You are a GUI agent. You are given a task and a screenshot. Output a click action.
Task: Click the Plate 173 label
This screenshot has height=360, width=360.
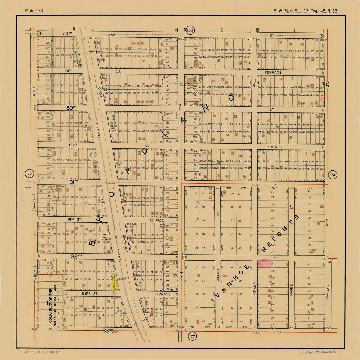point(34,11)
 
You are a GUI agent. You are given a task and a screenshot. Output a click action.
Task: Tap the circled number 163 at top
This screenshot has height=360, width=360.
point(190,30)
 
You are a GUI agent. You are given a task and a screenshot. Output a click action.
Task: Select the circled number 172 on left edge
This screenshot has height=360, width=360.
point(29,174)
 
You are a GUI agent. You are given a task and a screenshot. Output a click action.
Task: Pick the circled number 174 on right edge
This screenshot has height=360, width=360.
point(332,175)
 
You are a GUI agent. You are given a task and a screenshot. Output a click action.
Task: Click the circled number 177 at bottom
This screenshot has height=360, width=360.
point(192,337)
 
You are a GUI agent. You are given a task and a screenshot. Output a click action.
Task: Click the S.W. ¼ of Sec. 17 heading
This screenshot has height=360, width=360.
point(305,11)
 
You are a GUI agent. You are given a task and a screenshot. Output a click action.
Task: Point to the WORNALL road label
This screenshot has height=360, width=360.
point(35,273)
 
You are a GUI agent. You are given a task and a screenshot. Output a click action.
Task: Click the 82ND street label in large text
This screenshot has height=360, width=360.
point(77,256)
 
